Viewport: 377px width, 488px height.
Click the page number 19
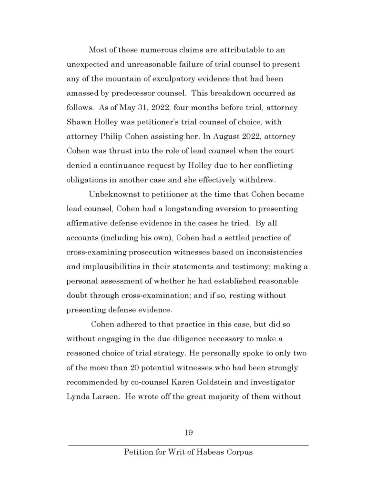(x=188, y=433)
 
